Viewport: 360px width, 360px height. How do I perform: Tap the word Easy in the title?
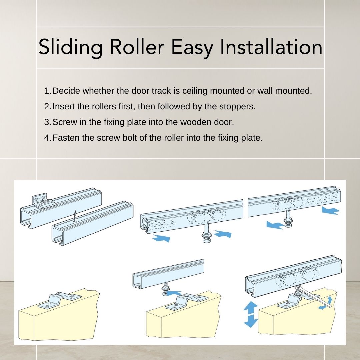tap(192, 47)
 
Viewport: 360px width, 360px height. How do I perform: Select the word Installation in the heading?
tap(271, 47)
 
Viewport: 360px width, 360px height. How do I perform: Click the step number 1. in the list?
tap(48, 91)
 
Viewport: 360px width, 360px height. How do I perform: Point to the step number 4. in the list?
tap(48, 138)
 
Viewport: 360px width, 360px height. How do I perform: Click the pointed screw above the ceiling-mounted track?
tap(76, 217)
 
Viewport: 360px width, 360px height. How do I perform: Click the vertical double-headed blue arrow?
tap(251, 314)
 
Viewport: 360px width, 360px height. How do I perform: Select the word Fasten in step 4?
tap(66, 138)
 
